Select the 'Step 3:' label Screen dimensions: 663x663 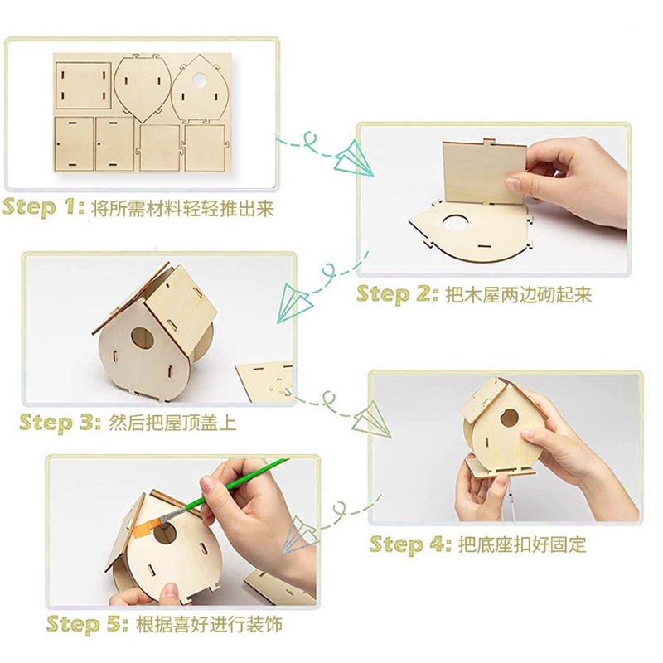tap(60, 422)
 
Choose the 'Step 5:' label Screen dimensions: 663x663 tap(88, 624)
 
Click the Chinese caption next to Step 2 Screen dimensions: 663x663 tap(519, 295)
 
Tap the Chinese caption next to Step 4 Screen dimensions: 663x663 tap(522, 544)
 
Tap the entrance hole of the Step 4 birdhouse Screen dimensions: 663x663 tap(510, 418)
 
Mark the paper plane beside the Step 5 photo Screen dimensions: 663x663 tap(302, 534)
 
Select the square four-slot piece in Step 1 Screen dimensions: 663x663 tap(84, 86)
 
